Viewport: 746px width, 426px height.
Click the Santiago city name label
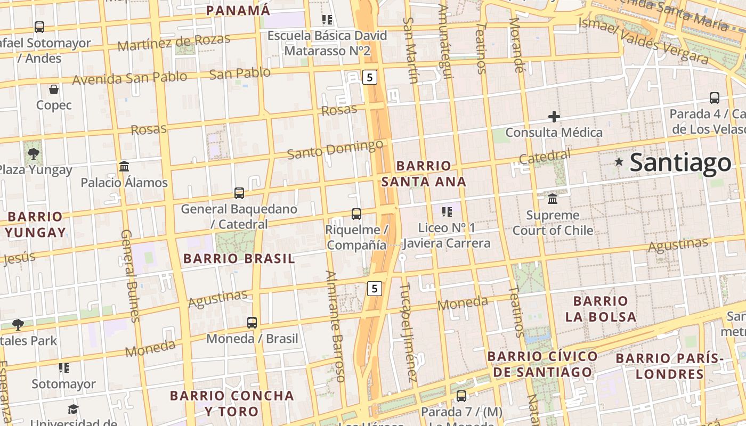(680, 163)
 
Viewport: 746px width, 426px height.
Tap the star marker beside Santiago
(619, 161)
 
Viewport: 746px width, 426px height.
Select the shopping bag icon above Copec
(54, 89)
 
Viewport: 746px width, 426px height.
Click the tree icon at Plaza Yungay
(34, 154)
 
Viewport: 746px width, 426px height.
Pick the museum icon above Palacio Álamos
(124, 167)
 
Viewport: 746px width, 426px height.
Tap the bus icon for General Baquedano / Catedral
(239, 193)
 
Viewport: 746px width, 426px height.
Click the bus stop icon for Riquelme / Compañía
(356, 214)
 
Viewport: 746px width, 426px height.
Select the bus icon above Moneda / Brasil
(252, 323)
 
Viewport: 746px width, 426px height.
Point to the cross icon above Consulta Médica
(554, 117)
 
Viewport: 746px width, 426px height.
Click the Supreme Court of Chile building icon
(553, 199)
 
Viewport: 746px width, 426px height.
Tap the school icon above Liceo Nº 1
(447, 212)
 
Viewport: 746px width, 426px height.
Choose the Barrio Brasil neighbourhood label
(239, 259)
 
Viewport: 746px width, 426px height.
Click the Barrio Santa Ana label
(424, 174)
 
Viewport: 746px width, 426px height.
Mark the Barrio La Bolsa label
(601, 309)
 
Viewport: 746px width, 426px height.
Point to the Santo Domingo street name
(335, 149)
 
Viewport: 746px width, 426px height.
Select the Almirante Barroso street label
(336, 326)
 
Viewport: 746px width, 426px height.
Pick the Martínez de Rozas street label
(174, 42)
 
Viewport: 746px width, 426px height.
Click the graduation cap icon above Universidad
(73, 409)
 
